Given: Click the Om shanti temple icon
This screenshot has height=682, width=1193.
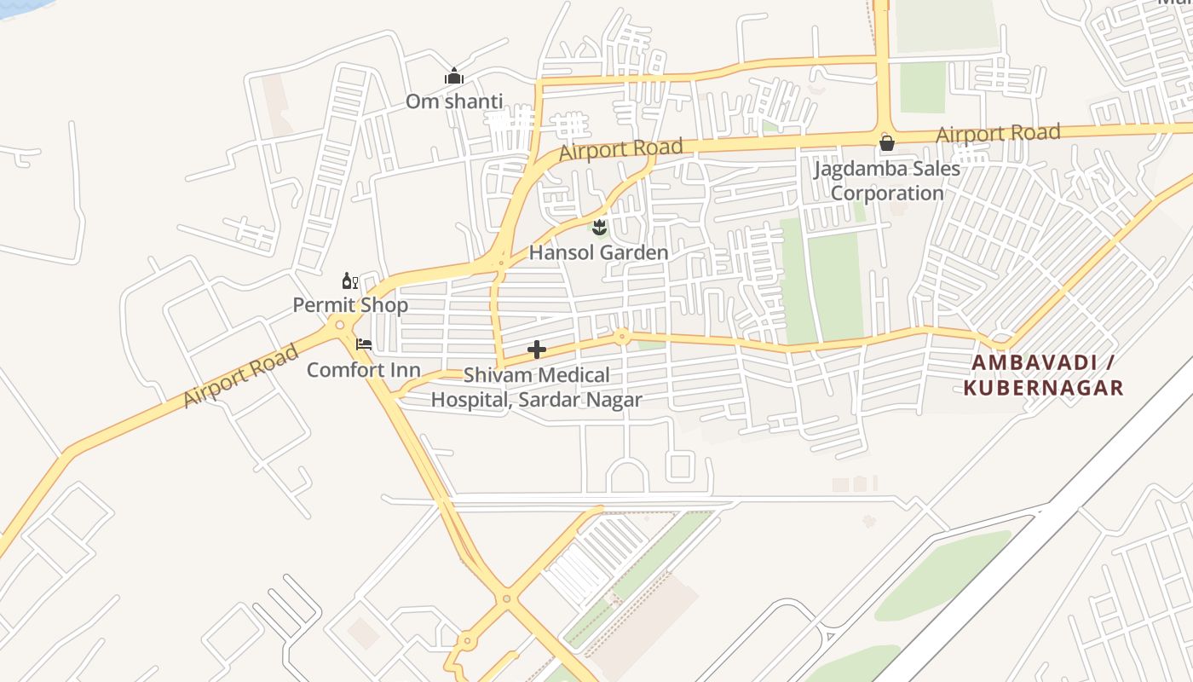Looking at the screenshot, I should click(453, 77).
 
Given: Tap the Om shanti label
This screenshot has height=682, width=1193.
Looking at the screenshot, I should click(453, 101).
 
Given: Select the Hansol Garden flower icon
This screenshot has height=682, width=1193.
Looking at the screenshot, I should click(599, 228).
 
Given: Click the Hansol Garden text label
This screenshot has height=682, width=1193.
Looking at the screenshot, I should click(598, 252).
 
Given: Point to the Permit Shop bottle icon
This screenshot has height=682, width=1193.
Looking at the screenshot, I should click(349, 280).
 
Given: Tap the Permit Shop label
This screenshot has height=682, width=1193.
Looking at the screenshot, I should click(350, 304).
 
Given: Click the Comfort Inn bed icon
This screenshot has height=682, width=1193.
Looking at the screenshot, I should click(364, 344).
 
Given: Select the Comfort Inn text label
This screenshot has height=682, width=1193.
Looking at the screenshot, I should click(363, 369).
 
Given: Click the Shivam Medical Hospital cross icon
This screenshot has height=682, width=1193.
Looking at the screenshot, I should click(537, 350).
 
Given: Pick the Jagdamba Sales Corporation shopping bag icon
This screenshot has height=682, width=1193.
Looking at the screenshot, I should click(887, 142).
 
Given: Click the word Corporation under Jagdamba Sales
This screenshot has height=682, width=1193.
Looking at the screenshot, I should click(887, 193).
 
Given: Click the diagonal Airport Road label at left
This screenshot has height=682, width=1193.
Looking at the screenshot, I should click(240, 376).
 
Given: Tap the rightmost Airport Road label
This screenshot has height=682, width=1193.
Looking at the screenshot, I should click(998, 134).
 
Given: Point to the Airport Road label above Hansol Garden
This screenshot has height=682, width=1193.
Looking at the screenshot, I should click(620, 149).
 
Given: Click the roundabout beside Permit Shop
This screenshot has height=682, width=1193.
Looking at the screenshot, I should click(340, 324).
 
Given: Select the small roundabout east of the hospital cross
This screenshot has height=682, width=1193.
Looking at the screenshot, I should click(622, 337).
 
